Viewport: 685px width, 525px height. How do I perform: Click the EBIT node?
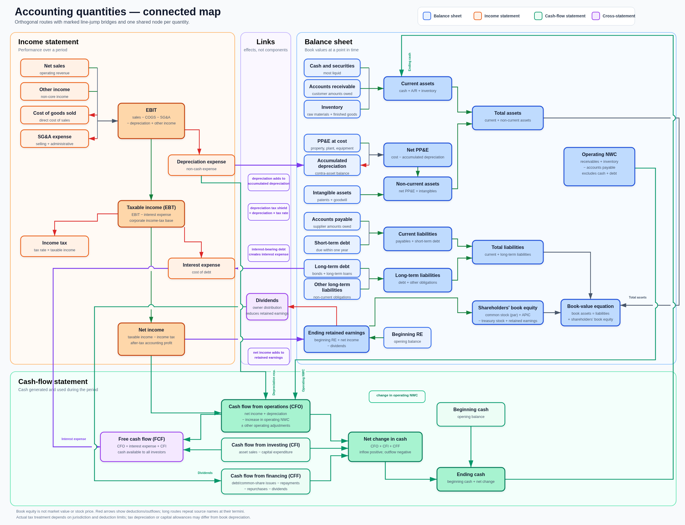coord(151,121)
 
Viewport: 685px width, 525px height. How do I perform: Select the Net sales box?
coord(54,68)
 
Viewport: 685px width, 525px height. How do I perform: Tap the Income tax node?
coord(54,246)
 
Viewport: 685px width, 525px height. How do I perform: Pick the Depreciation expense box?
coord(201,165)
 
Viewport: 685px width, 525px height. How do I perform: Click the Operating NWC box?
coord(599,167)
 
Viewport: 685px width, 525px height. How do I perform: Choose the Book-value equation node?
coord(590,313)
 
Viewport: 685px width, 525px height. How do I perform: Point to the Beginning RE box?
coord(407,337)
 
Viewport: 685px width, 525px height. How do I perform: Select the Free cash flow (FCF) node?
coord(142,447)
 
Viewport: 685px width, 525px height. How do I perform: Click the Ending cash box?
coord(471,479)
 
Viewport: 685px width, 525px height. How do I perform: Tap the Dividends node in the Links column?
coord(267,306)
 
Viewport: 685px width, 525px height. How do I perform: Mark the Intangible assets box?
coord(332,195)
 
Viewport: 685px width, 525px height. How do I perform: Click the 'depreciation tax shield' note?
coord(268,212)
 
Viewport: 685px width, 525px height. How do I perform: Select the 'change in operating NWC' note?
coord(397,397)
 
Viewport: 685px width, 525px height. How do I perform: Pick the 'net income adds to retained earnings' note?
coord(268,356)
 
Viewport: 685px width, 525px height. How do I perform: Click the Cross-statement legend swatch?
coord(596,16)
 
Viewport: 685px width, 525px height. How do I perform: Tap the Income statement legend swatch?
coord(478,16)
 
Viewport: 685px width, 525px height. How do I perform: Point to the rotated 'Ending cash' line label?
coord(410,62)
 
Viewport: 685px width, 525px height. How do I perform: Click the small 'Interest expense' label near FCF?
coord(74,439)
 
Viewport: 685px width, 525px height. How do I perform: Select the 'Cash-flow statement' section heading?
coord(53,382)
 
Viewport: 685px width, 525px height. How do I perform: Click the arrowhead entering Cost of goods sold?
coord(92,115)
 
